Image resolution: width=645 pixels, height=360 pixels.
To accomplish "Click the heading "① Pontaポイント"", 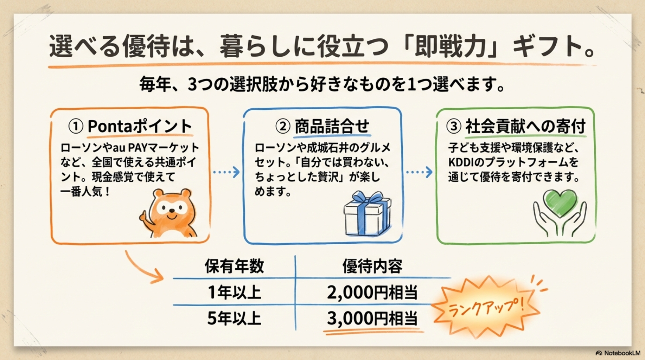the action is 130,126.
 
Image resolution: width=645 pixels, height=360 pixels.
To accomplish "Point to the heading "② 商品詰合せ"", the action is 322,126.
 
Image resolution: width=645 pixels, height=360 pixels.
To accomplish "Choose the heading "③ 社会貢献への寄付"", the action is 516,126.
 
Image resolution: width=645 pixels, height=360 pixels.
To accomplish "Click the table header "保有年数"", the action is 234,266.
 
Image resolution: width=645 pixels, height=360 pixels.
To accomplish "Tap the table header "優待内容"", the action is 372,266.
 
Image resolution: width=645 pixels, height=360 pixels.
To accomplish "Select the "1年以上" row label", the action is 234,292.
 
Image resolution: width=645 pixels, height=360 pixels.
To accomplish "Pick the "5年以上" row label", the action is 234,318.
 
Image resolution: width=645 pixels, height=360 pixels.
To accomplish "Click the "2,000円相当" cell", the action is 372,292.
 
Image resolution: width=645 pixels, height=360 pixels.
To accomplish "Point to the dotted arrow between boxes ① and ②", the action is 226,172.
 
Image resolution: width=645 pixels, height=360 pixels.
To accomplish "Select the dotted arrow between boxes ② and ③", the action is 419,172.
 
